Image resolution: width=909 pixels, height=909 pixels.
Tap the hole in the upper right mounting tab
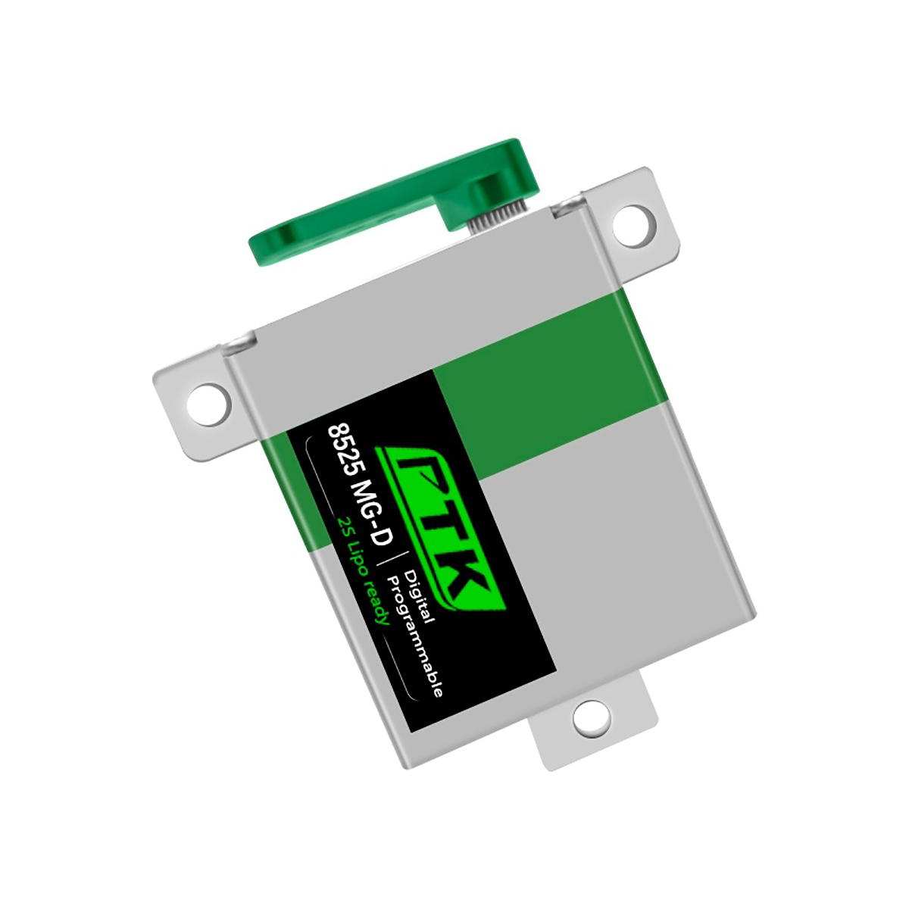click(x=635, y=226)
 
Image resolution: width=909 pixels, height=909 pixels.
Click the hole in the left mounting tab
click(x=209, y=405)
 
